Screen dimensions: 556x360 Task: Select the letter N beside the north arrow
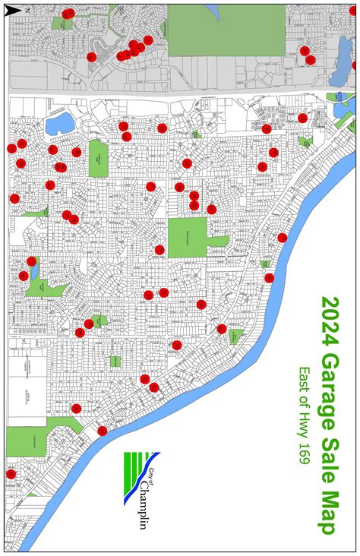click(x=27, y=11)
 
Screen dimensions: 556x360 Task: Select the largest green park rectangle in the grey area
click(x=226, y=30)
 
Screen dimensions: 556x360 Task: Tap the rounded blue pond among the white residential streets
click(x=58, y=122)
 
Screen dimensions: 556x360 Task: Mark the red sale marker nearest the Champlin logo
click(x=102, y=431)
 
